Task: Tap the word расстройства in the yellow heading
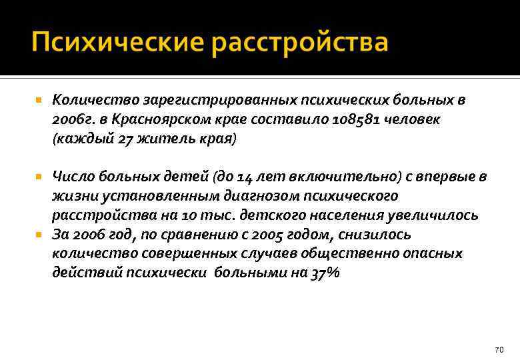pos(300,42)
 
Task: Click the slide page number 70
pos(499,350)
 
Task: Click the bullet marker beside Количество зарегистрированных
pos(39,101)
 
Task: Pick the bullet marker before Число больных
pos(39,177)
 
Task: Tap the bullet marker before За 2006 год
pos(39,235)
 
